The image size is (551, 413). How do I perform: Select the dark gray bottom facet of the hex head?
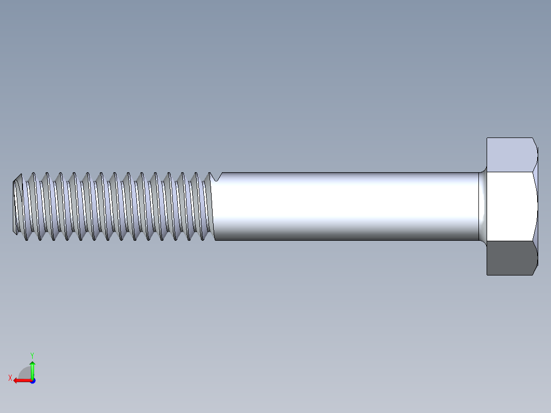510,258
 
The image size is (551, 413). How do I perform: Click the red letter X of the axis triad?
10,378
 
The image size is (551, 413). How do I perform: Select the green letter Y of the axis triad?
32,354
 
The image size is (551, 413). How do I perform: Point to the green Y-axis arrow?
32,368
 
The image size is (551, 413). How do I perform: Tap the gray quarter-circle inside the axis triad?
26,374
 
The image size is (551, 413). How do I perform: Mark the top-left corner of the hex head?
487,138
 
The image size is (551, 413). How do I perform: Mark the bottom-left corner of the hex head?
487,274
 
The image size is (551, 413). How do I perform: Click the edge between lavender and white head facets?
510,172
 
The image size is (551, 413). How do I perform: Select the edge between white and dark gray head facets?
510,241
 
